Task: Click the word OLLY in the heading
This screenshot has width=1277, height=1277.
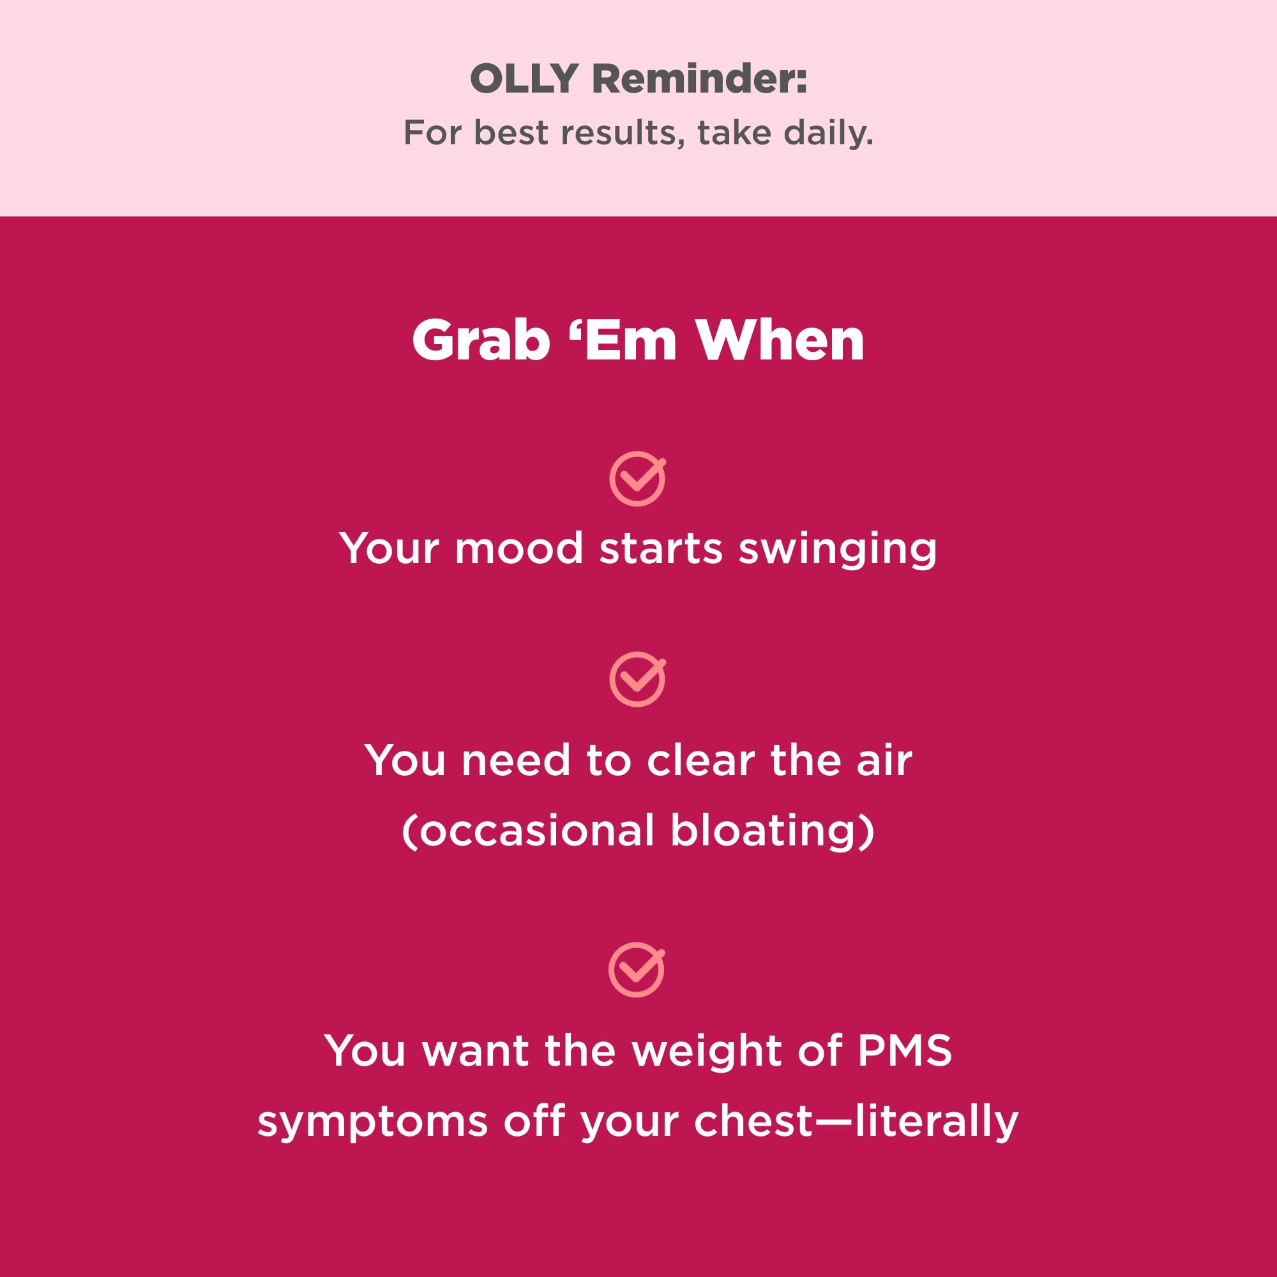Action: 524,79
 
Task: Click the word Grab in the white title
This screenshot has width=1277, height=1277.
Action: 481,340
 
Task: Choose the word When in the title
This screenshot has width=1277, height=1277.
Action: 781,340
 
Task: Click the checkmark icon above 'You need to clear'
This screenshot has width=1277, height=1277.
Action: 637,679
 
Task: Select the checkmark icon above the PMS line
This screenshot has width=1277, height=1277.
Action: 637,970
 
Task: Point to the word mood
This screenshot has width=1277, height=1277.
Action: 519,548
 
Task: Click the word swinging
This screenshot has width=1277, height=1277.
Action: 838,550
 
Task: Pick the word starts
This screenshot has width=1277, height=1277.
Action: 661,548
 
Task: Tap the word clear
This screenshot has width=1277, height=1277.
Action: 700,761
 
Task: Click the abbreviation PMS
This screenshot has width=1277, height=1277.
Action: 904,1050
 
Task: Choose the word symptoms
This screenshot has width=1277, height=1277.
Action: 373,1122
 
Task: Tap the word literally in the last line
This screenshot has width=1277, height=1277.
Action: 937,1122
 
